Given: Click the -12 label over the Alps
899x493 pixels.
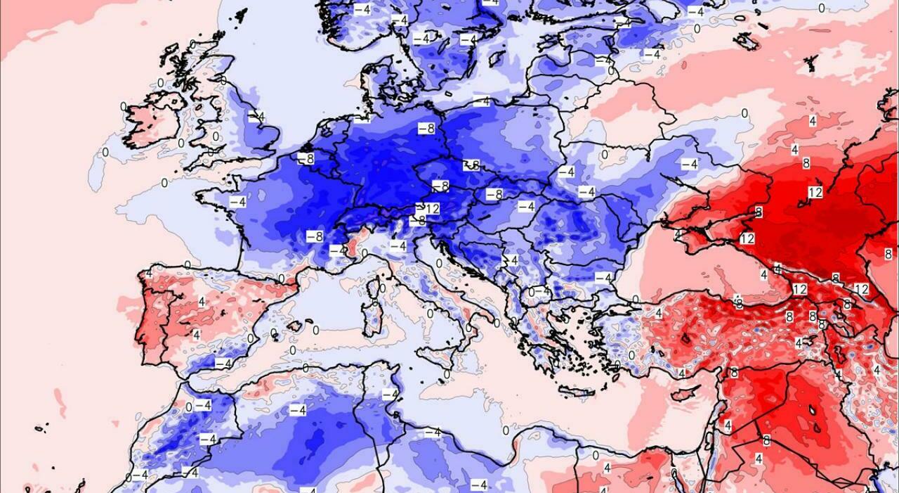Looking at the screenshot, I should (x=429, y=209).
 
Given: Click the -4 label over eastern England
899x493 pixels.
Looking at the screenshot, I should (x=256, y=117).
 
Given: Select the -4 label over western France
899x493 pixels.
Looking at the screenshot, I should (x=237, y=202).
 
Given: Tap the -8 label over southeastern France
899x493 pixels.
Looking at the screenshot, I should (x=314, y=236).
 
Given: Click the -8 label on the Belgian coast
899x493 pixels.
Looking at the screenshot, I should (x=306, y=159).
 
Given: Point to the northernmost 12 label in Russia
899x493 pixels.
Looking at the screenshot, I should (x=815, y=192).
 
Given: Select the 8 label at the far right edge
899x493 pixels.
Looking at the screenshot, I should (x=888, y=253).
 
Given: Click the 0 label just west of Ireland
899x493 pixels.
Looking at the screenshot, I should (x=124, y=107).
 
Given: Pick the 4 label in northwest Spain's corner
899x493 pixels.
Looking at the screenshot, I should (x=149, y=273).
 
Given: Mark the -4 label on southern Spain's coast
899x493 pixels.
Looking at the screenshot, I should (x=223, y=363).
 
